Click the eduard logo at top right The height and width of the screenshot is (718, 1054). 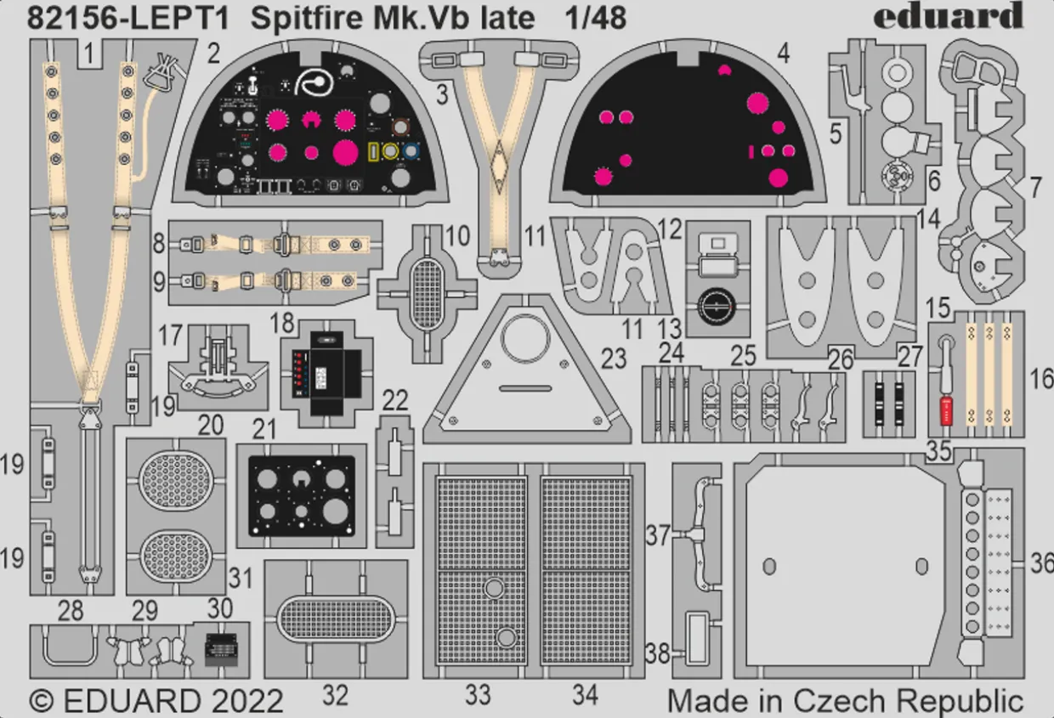948,16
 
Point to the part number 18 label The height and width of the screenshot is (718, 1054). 282,324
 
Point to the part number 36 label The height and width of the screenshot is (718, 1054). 1041,562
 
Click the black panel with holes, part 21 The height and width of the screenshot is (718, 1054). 301,495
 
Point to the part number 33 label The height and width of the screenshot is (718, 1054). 478,695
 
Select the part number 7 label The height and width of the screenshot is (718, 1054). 1035,188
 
